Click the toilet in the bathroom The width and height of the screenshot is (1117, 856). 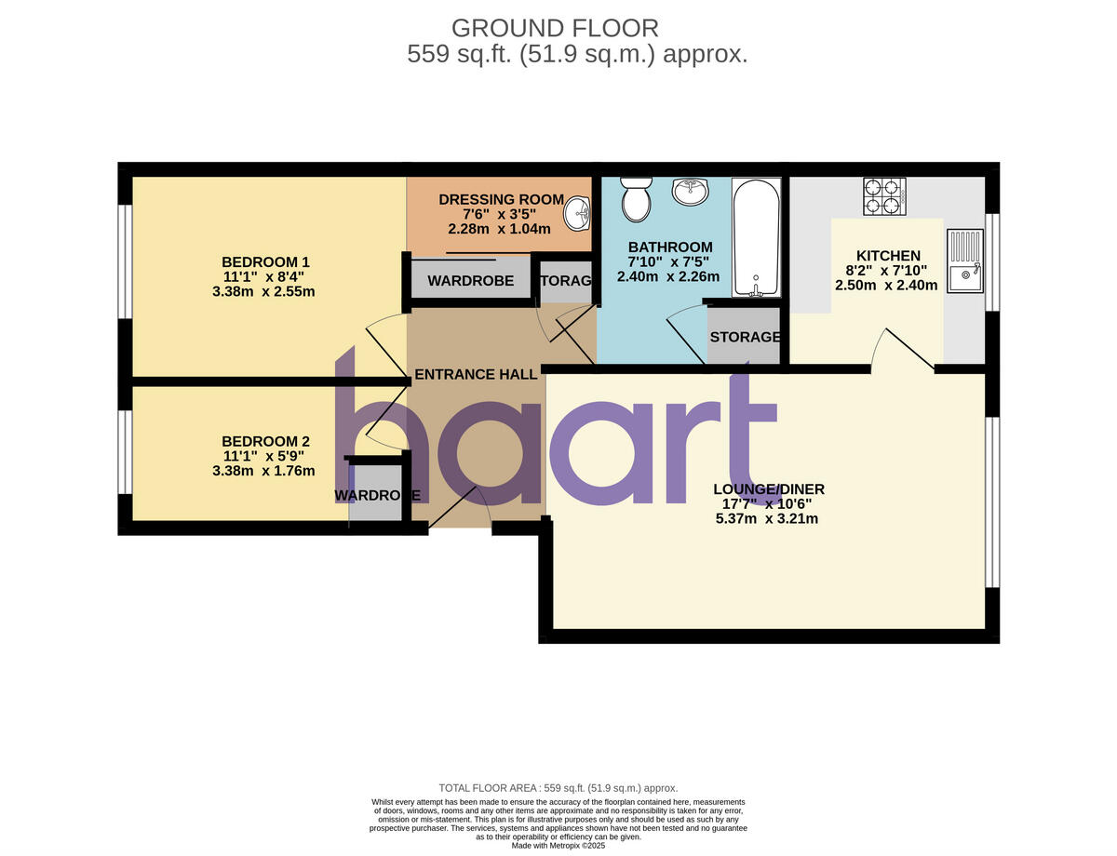click(637, 198)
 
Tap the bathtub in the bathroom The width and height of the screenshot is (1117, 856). click(755, 237)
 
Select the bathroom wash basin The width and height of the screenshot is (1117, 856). click(690, 193)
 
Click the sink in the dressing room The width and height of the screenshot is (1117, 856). click(580, 213)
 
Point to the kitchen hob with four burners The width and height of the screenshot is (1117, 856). click(884, 195)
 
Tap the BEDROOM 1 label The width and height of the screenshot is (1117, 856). click(265, 261)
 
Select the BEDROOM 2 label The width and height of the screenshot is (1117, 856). click(265, 441)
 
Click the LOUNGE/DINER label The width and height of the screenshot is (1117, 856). click(769, 489)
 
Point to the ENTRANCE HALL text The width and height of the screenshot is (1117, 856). click(476, 374)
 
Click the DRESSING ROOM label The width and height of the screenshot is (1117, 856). click(501, 199)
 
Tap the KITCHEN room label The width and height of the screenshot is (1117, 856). click(888, 256)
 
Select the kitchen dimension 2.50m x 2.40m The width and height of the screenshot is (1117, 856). click(886, 286)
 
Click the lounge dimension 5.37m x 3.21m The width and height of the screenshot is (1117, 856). click(767, 519)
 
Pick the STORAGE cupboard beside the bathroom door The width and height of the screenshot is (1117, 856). click(745, 337)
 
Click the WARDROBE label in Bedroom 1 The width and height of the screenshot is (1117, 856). click(470, 281)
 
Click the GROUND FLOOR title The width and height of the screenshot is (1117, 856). click(555, 28)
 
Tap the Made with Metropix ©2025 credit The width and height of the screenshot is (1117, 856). click(558, 846)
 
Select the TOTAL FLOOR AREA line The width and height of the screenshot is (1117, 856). click(558, 788)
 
